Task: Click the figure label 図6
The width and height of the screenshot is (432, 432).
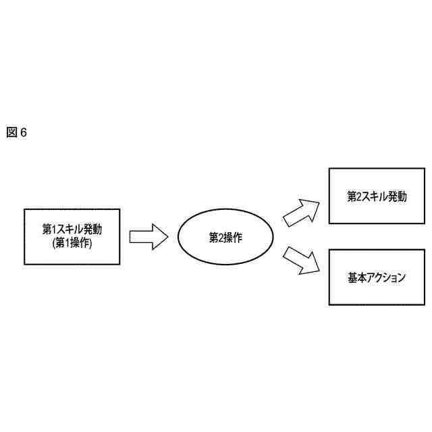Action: [x=16, y=132]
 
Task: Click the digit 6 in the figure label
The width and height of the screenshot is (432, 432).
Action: [x=23, y=132]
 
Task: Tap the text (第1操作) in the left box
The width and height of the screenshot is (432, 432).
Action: [x=72, y=244]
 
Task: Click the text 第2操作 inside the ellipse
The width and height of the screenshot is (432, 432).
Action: [x=225, y=238]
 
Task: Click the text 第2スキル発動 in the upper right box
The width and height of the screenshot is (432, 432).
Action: [x=377, y=196]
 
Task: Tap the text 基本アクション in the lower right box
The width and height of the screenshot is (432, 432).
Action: [x=377, y=277]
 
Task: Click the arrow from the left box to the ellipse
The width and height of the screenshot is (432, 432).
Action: [x=148, y=237]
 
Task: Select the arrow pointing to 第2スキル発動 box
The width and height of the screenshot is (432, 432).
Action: [x=301, y=212]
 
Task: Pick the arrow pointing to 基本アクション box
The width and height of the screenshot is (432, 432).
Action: [x=301, y=260]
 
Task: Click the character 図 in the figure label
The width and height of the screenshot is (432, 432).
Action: [x=11, y=132]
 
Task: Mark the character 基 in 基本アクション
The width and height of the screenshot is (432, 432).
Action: [x=353, y=277]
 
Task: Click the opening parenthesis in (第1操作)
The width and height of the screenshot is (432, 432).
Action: [x=53, y=244]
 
